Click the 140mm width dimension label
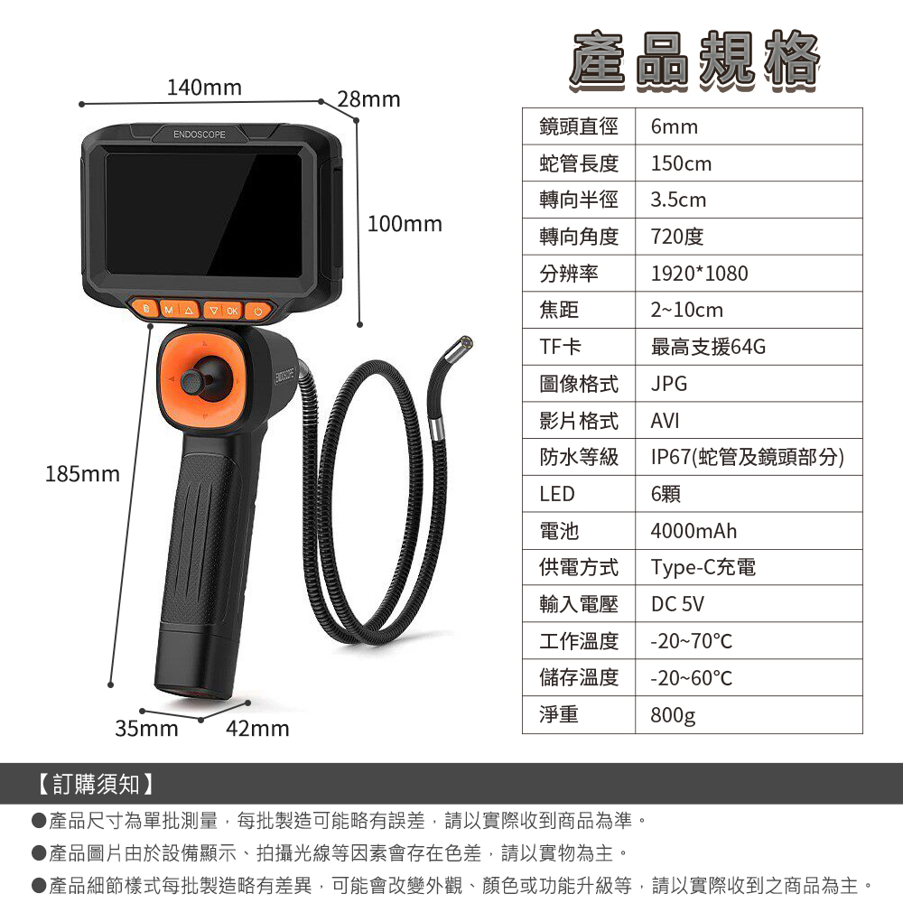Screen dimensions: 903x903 click(204, 88)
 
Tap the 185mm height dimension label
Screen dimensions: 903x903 click(82, 474)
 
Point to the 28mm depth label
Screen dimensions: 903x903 click(368, 99)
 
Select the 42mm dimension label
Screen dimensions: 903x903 click(257, 729)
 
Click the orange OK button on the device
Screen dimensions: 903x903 click(232, 311)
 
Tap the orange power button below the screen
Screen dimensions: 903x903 click(258, 311)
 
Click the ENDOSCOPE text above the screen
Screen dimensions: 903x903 click(200, 135)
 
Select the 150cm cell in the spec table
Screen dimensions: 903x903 click(681, 163)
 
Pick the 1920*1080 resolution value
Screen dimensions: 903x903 click(699, 274)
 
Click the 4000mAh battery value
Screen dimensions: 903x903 click(694, 531)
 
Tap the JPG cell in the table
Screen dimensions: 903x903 click(669, 384)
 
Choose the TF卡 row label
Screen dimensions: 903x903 click(561, 347)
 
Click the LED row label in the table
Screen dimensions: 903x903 click(557, 494)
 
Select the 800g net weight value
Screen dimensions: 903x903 click(674, 715)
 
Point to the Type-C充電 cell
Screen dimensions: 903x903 click(703, 568)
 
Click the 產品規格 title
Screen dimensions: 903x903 click(694, 61)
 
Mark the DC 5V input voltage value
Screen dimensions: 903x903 click(677, 605)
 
